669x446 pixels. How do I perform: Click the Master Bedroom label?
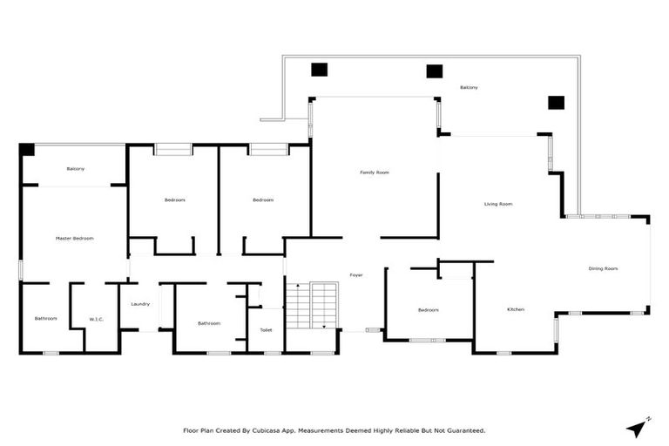point(74,238)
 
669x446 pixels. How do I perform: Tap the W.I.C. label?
point(96,319)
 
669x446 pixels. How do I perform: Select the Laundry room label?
point(140,304)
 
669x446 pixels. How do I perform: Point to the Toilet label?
point(266,330)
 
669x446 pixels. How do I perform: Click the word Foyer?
point(356,275)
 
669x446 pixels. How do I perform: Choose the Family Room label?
point(375,172)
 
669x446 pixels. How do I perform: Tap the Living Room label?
point(498,204)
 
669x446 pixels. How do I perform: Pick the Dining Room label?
point(603,268)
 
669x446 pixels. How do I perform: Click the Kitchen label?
point(516,310)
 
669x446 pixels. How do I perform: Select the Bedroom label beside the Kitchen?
point(428,310)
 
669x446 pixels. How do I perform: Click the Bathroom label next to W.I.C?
point(45,319)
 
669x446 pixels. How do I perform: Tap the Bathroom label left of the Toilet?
point(209,323)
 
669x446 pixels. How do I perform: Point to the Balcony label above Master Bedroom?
point(75,168)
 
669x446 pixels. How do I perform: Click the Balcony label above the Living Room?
point(469,87)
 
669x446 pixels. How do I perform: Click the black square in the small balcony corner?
point(27,150)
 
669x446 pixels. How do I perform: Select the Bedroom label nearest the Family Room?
point(263,200)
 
